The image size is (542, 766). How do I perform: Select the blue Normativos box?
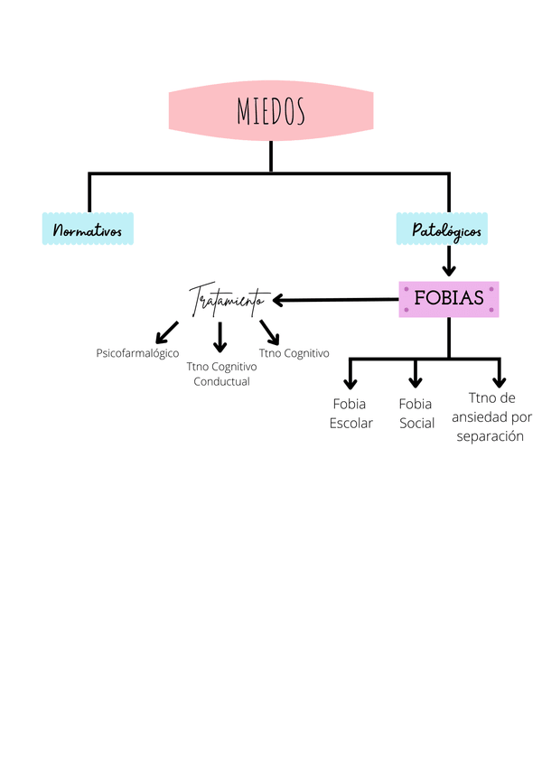coord(88,230)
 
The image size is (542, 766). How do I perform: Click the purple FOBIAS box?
coord(448,298)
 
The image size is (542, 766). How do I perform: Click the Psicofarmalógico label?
coord(137,353)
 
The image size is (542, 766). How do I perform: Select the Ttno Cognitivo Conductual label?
coord(221,374)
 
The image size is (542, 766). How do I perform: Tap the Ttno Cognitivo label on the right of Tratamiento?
coord(294,353)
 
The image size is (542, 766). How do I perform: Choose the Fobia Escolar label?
coord(350,413)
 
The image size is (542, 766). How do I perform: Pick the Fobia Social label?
coord(416,413)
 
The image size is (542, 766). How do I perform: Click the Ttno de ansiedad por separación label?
coord(491,416)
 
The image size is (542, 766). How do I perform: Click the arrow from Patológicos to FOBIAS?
coord(448,263)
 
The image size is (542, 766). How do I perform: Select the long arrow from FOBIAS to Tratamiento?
coord(334,299)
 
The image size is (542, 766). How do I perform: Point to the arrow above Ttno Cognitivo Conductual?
coord(220,336)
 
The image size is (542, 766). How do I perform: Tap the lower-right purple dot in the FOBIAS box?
coord(491,310)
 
